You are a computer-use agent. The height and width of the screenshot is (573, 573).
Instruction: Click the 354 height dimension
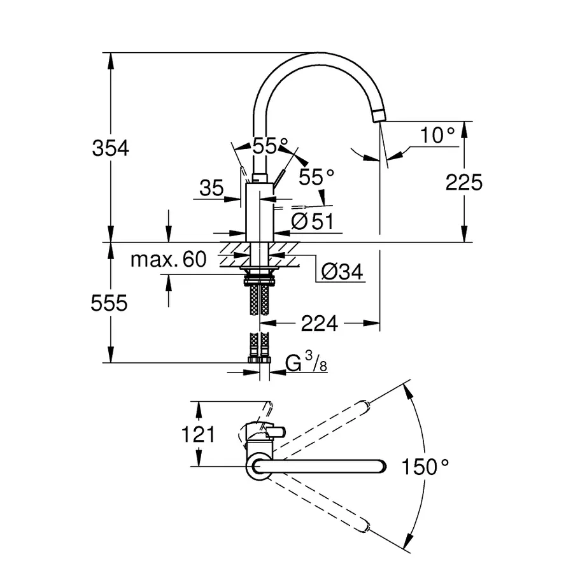[x=111, y=148]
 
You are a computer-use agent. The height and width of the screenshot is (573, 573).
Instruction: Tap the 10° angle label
[x=439, y=135]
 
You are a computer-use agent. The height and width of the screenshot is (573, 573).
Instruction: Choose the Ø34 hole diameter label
[x=342, y=272]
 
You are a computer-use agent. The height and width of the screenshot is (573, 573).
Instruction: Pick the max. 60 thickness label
[x=169, y=259]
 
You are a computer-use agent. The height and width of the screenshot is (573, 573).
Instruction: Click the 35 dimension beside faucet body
[x=211, y=188]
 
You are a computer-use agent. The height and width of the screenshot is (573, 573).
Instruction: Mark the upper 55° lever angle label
[x=265, y=146]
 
